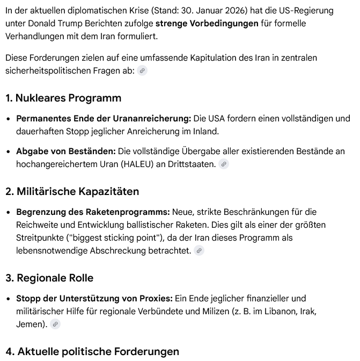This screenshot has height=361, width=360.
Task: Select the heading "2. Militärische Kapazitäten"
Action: (x=72, y=191)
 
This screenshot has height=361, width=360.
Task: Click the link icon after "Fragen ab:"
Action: (x=142, y=71)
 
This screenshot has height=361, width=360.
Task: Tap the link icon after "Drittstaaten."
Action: (x=224, y=164)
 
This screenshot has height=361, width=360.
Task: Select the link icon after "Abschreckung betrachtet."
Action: (x=199, y=250)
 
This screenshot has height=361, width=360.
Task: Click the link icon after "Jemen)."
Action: (x=55, y=324)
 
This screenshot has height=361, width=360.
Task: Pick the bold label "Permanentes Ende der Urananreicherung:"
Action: (x=104, y=118)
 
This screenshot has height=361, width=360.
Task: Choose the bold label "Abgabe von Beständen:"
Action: (x=66, y=151)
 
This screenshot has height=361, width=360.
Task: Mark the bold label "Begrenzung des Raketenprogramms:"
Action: (x=93, y=212)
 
